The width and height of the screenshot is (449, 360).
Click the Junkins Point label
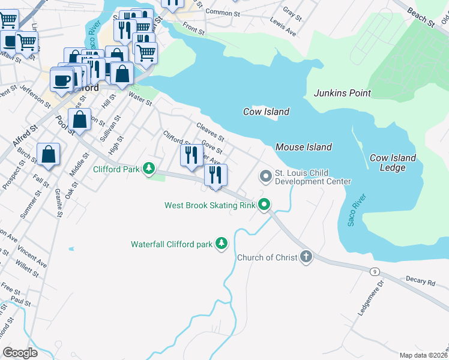coord(342,93)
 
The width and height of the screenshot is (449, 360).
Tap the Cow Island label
coord(266,112)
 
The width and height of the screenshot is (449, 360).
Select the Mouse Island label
coord(303,147)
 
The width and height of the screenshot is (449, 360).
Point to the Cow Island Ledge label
coord(393,163)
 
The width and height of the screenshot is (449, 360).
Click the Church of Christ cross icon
coord(306,257)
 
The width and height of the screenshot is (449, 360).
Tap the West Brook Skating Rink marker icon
coord(265,205)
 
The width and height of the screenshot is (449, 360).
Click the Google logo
coord(20,352)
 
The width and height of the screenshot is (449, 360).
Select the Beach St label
coord(421,17)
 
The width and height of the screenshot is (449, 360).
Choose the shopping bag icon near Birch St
coord(48,155)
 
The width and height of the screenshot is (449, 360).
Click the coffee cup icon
coord(61,80)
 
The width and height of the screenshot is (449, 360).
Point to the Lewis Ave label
coord(283,27)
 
